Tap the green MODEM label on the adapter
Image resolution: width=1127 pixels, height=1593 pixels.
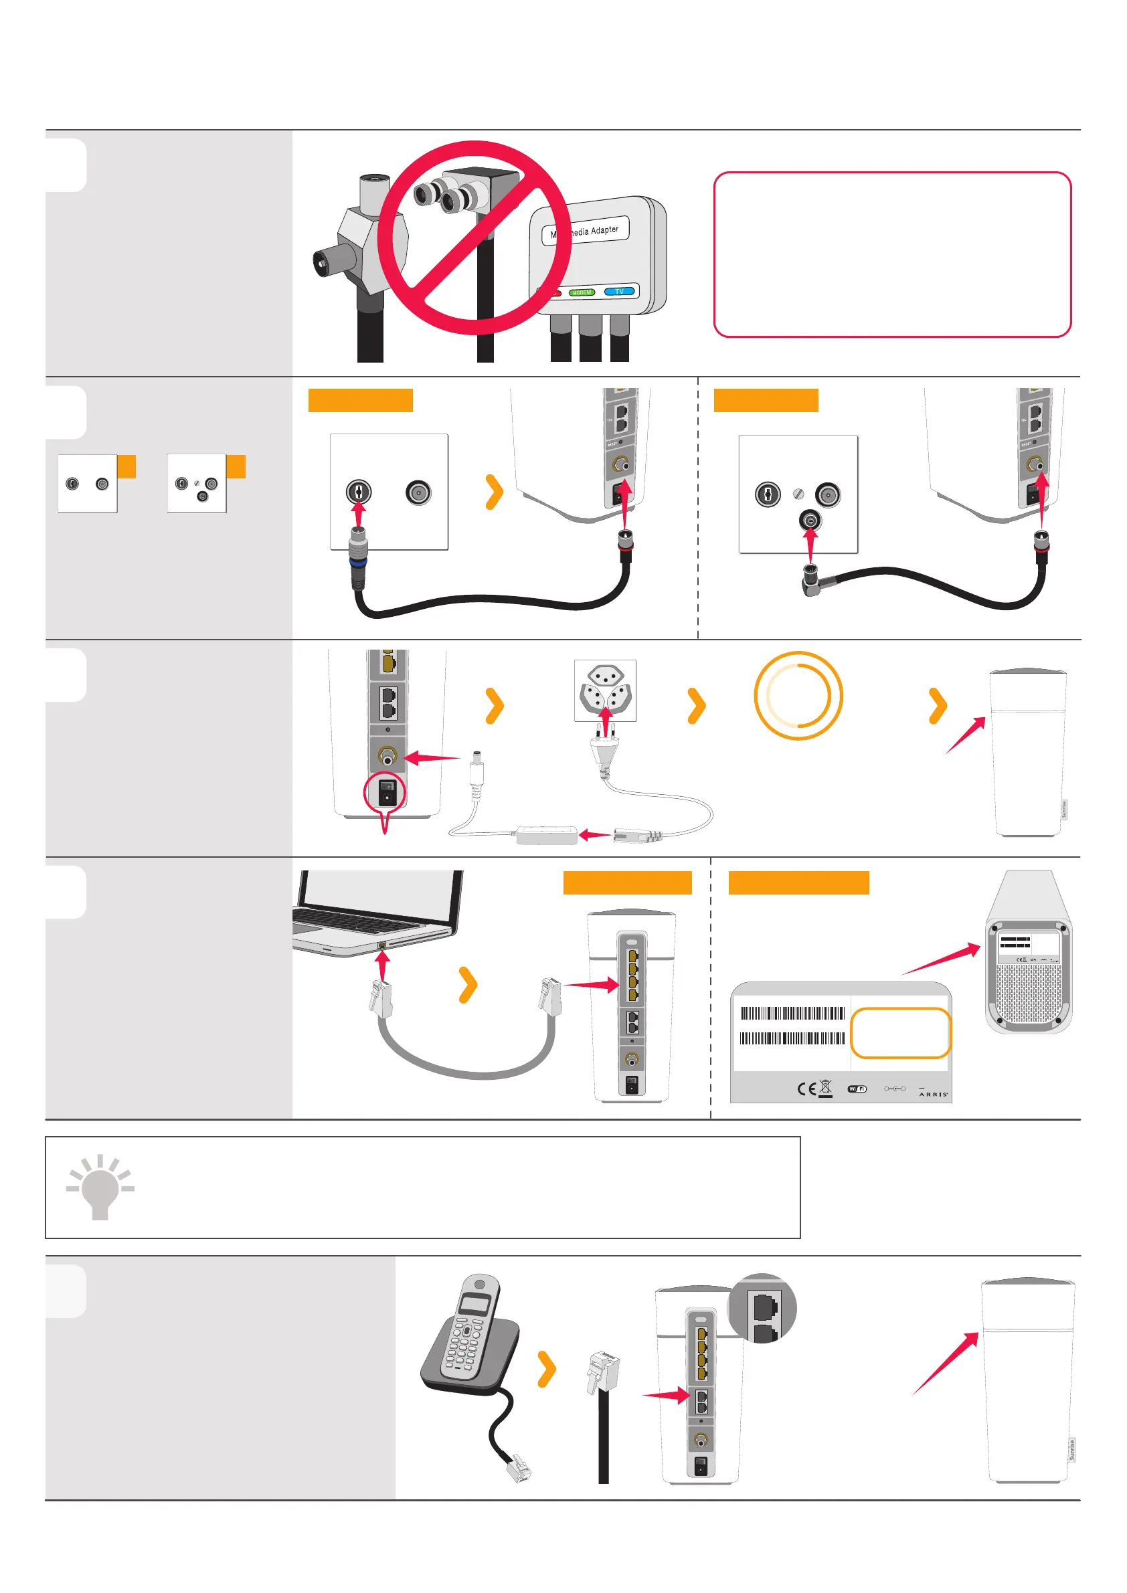[582, 292]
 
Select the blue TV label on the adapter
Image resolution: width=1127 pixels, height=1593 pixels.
[619, 292]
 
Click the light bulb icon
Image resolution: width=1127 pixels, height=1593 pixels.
[100, 1187]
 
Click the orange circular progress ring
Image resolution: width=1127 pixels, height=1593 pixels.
[798, 695]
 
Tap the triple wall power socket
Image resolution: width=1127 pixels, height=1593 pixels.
[605, 690]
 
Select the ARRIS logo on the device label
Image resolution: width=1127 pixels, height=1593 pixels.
[933, 1094]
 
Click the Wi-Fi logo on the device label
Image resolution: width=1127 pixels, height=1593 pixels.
[857, 1089]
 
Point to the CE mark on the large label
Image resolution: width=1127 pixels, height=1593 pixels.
[806, 1089]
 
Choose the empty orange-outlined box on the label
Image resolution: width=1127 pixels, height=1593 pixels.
[900, 1033]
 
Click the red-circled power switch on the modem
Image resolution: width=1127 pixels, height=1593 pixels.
[387, 791]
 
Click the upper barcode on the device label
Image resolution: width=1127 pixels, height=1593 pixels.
[792, 1013]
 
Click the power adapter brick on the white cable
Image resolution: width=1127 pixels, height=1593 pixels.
[547, 835]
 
